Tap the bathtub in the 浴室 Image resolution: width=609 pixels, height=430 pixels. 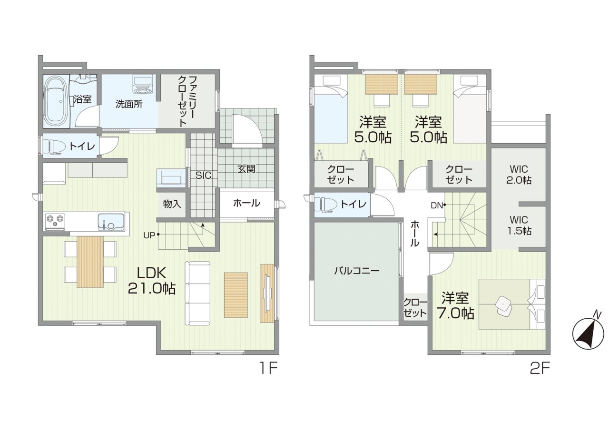click(56, 101)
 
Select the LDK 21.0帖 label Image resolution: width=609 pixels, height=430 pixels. click(151, 280)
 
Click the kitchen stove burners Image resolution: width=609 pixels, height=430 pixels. click(54, 220)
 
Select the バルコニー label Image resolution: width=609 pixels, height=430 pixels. click(356, 271)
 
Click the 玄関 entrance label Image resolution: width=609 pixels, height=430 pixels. click(246, 168)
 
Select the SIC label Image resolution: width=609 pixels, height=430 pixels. click(203, 176)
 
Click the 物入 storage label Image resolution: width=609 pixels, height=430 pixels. click(172, 204)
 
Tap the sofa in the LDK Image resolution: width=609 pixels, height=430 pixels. click(197, 293)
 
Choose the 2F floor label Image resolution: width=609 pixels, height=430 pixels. click(540, 368)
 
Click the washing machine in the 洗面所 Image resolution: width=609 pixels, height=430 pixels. click(141, 86)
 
